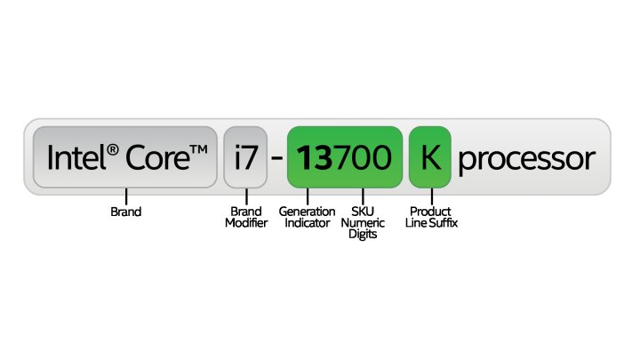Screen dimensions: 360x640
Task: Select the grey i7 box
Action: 244,159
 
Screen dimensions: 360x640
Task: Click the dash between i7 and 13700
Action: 276,161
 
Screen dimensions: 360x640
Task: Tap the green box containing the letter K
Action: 430,159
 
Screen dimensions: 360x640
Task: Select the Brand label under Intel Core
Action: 125,212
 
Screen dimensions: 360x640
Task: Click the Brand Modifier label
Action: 246,218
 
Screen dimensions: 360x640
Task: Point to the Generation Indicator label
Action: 307,218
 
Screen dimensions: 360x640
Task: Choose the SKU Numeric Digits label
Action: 364,223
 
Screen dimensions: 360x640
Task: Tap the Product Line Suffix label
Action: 433,218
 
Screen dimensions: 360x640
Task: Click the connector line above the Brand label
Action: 125,196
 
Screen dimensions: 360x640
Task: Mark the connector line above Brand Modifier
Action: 245,196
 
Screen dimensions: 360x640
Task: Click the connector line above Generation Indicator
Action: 307,196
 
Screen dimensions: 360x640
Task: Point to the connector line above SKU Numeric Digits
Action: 364,196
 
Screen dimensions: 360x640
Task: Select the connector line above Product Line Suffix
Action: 433,196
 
